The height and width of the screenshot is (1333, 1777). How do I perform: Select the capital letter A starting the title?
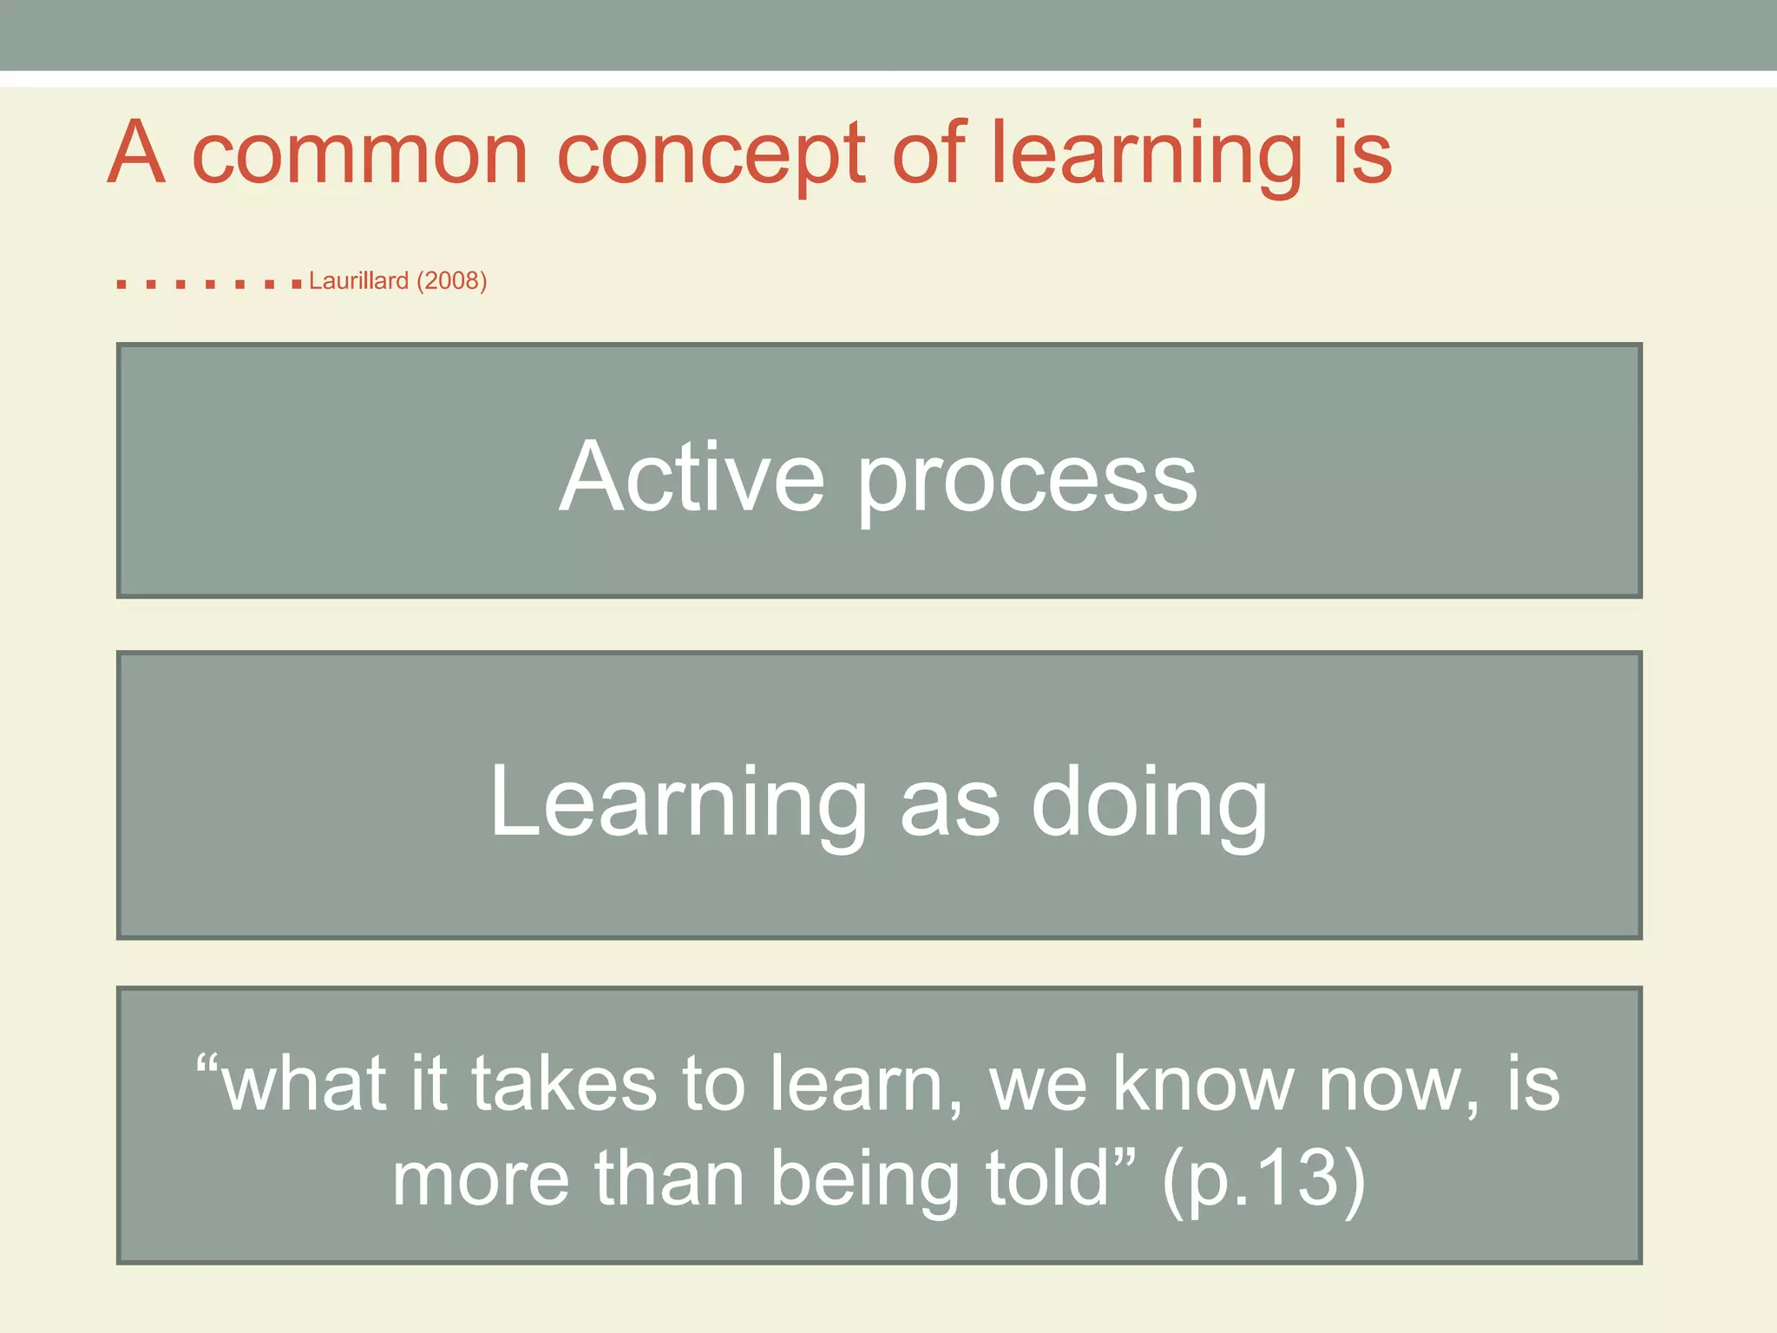coord(136,153)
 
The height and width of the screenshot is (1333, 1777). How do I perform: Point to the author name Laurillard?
coord(358,281)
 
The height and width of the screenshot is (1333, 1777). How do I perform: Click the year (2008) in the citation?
coord(451,281)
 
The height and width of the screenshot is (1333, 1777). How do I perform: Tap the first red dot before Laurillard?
coord(121,284)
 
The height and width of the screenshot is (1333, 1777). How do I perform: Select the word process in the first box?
coord(1027,483)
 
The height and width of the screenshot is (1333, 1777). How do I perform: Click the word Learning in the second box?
coord(678,804)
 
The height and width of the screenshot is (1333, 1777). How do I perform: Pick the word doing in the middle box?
coord(1149,804)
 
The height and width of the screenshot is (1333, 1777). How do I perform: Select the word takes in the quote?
coord(564,1085)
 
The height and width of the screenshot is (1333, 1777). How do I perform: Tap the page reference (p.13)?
coord(1263,1180)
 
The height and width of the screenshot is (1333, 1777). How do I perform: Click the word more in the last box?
coord(482,1180)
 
